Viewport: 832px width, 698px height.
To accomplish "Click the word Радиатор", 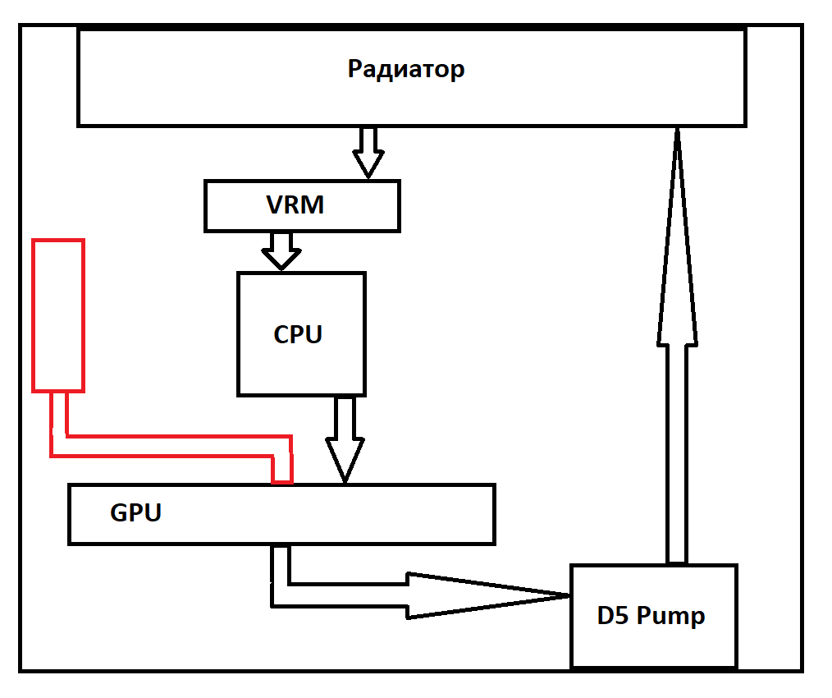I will pyautogui.click(x=406, y=68).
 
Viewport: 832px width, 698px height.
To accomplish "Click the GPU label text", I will pyautogui.click(x=135, y=513).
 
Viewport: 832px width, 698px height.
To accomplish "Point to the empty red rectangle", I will pyautogui.click(x=58, y=315).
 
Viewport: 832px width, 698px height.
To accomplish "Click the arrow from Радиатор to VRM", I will pyautogui.click(x=368, y=152).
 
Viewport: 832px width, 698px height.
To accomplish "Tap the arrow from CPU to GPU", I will pyautogui.click(x=345, y=439).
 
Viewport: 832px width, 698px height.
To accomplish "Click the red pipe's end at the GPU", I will pyautogui.click(x=282, y=472).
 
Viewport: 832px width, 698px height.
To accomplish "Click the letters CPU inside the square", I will pyautogui.click(x=298, y=334).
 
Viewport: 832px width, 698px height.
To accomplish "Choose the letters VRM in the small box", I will pyautogui.click(x=295, y=205).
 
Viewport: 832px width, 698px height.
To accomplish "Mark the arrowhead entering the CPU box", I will pyautogui.click(x=281, y=259).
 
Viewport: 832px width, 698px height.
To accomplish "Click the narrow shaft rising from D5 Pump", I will pyautogui.click(x=677, y=452).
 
